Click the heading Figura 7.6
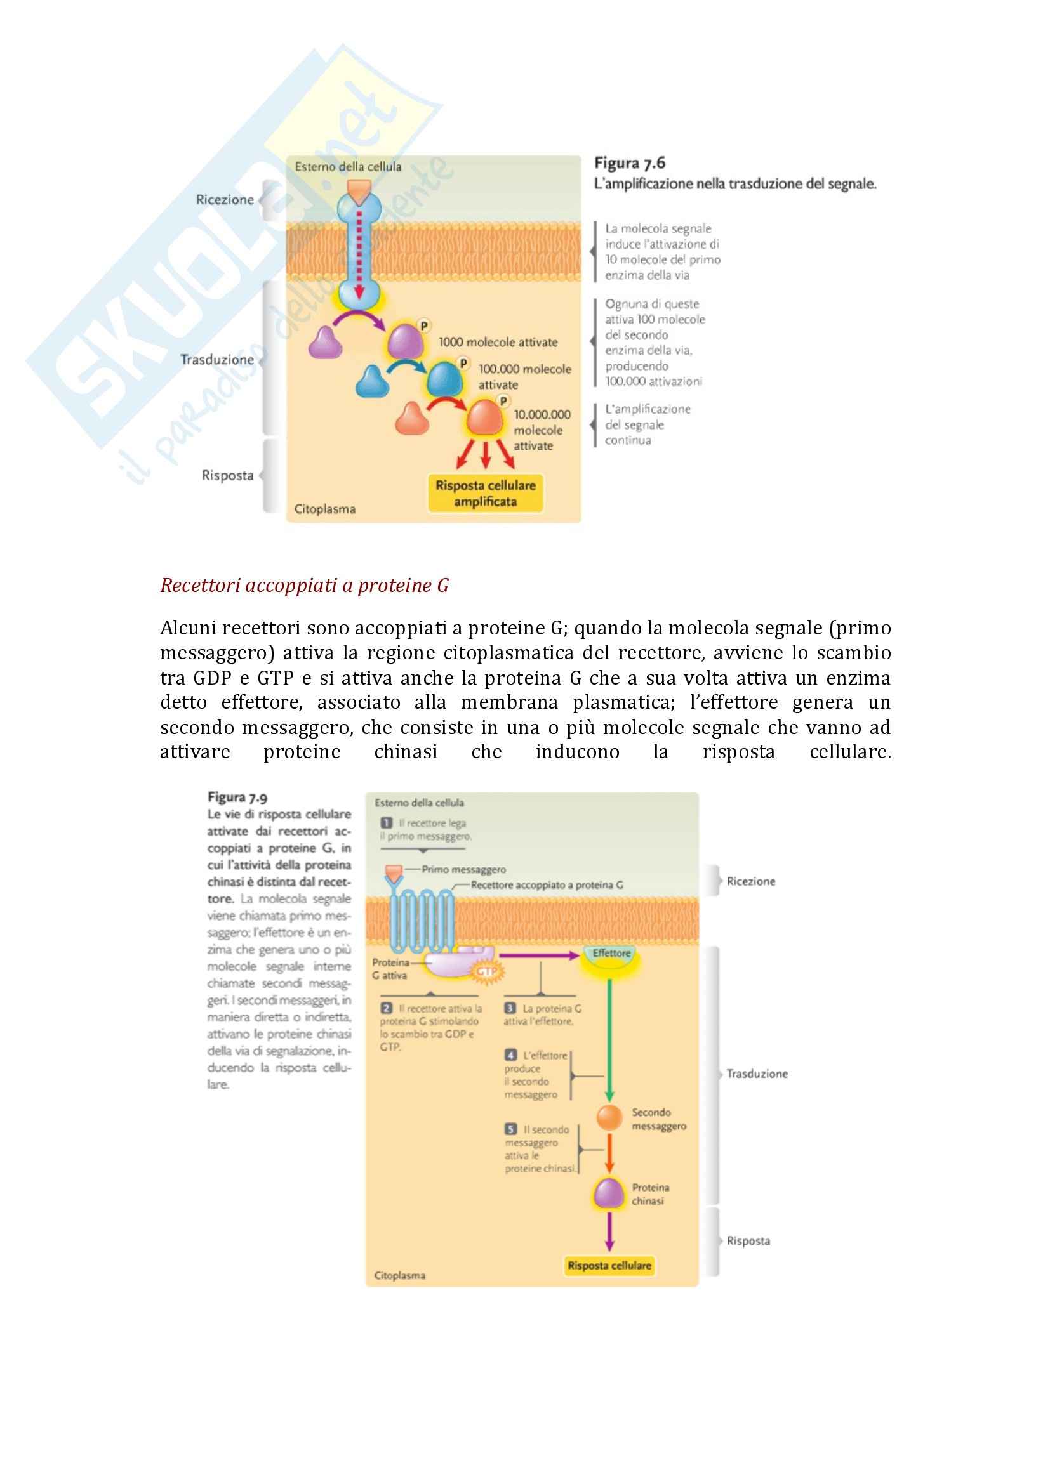629,164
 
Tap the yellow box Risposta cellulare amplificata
485,493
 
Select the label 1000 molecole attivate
498,343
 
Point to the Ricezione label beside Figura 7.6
225,200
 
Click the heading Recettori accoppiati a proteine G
304,586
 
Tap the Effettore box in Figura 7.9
611,954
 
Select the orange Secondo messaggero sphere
608,1117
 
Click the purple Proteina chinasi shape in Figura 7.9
608,1193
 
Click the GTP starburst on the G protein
486,971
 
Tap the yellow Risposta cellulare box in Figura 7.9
609,1266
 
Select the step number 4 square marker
511,1056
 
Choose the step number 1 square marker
387,823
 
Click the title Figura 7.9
237,798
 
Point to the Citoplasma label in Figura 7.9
399,1275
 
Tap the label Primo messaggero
463,869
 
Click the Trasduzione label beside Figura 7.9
757,1074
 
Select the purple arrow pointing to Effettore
538,955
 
